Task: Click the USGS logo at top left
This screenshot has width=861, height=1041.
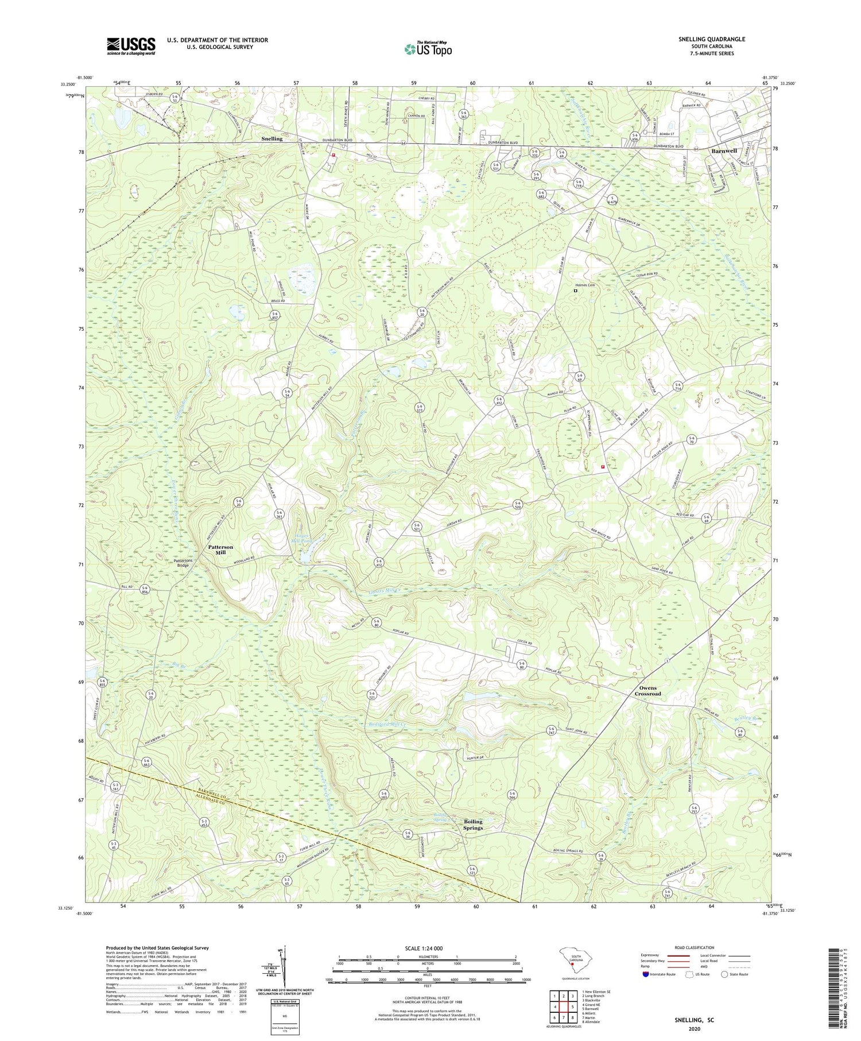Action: point(131,46)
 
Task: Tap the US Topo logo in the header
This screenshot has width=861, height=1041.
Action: point(427,49)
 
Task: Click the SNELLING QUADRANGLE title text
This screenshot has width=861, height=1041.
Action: point(712,39)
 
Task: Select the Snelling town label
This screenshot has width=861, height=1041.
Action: point(272,138)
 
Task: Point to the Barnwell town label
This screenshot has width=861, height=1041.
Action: point(723,150)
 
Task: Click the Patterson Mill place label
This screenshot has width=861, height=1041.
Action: point(220,550)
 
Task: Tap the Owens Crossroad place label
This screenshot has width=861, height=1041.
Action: point(647,691)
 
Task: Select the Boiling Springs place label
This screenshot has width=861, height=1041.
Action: point(473,824)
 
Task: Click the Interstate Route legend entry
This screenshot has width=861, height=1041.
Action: point(657,974)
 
